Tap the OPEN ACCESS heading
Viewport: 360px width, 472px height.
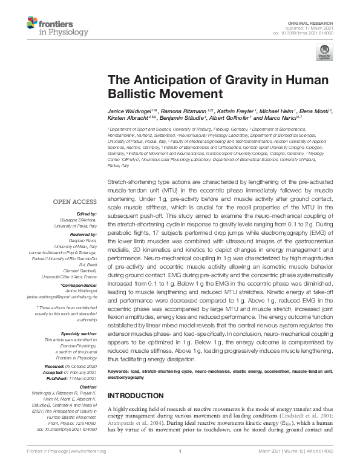pyautogui.click(x=74, y=202)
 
